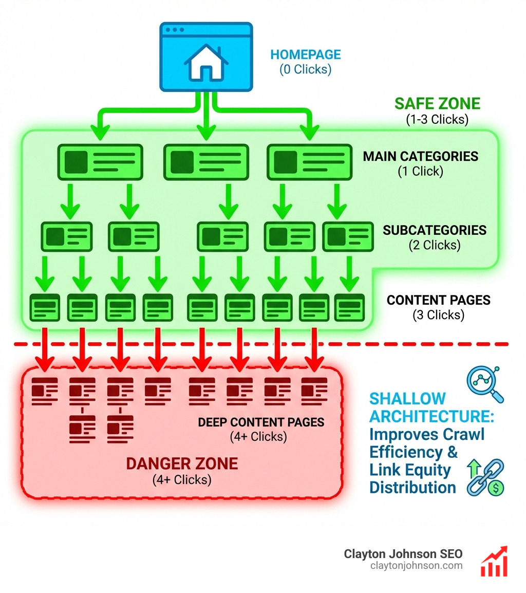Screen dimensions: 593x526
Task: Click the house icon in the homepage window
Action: point(205,63)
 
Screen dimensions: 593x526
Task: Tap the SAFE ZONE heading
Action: point(437,103)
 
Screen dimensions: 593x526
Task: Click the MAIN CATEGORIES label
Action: point(420,156)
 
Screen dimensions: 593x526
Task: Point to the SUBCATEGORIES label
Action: point(435,230)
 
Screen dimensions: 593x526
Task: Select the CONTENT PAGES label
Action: point(438,300)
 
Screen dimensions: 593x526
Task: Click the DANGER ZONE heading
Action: point(182,464)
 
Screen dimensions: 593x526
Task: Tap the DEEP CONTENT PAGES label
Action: point(261,422)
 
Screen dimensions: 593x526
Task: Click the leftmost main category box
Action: point(100,162)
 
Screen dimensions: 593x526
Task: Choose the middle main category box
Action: point(206,162)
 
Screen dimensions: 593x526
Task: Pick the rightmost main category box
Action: point(310,162)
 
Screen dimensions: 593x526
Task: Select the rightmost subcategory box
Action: point(348,236)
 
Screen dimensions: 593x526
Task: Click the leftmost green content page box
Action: point(45,308)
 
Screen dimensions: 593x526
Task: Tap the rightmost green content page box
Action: point(349,308)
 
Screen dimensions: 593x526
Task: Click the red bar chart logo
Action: point(494,562)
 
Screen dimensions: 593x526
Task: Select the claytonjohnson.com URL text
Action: point(416,566)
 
